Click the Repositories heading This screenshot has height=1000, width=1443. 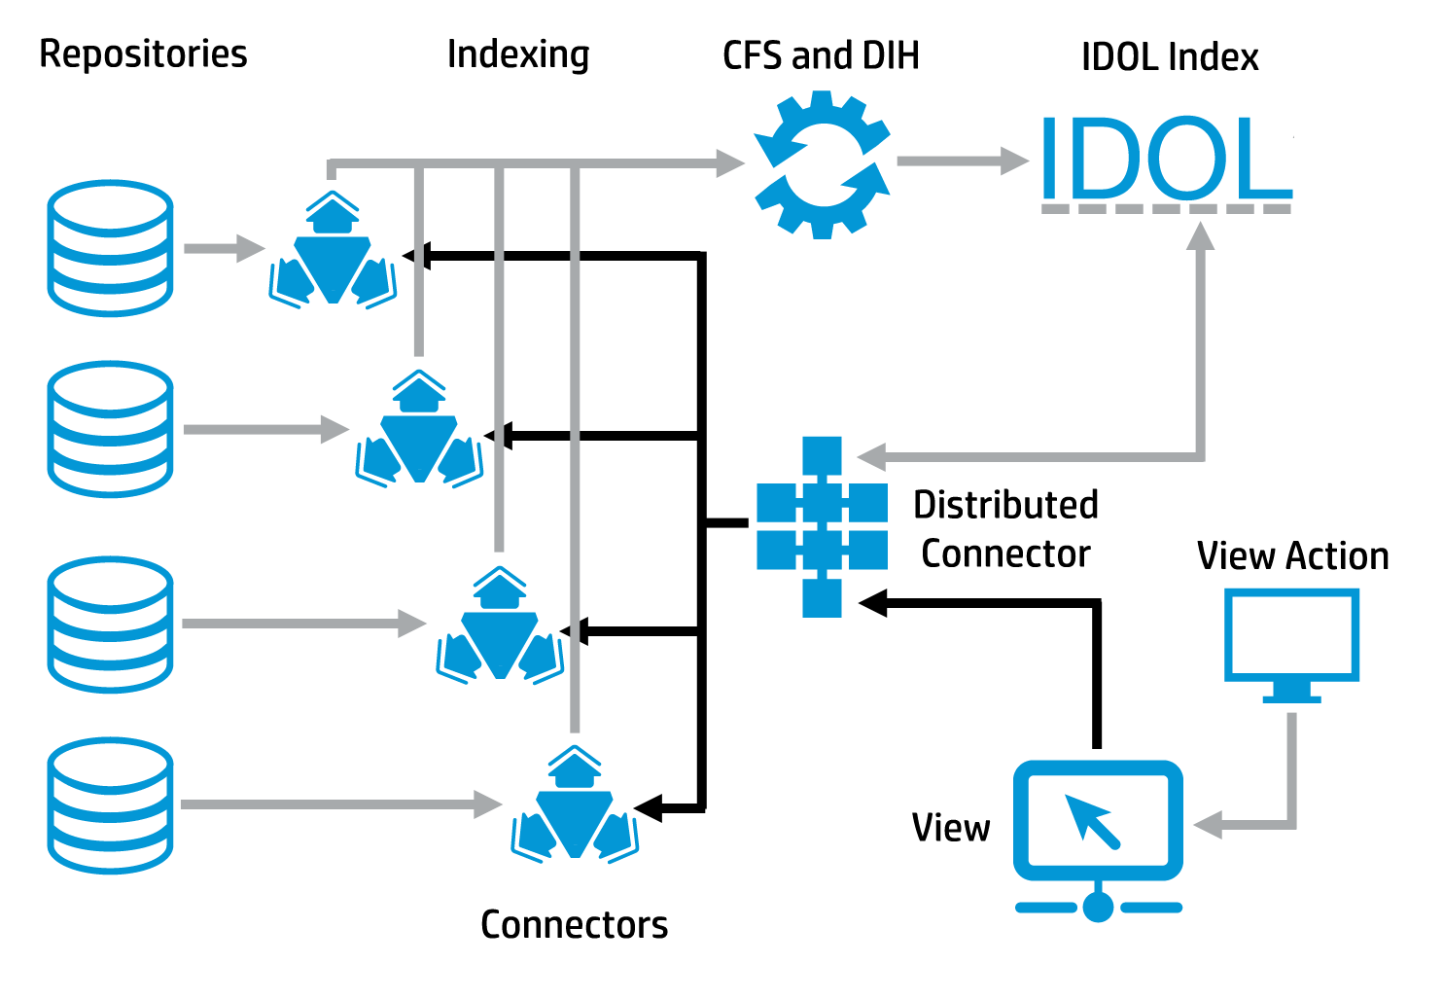click(143, 54)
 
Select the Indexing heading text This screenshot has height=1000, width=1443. click(518, 54)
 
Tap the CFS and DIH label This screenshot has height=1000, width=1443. click(821, 55)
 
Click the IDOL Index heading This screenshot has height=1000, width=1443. click(1170, 57)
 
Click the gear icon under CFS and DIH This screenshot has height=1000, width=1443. click(823, 164)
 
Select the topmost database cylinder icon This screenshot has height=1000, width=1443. click(111, 247)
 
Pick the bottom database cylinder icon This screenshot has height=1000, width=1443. click(111, 804)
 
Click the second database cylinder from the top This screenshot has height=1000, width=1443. click(111, 429)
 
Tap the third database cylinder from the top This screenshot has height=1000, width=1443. click(111, 624)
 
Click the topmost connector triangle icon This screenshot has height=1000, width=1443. click(334, 252)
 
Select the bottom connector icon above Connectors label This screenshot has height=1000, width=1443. click(575, 806)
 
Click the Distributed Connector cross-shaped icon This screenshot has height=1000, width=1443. click(822, 527)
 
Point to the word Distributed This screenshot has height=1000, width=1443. click(1005, 505)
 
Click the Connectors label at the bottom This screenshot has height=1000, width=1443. click(574, 924)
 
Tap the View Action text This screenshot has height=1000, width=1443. click(1292, 556)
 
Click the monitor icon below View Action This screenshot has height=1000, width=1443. click(1291, 642)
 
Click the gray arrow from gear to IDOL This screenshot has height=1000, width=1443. click(962, 161)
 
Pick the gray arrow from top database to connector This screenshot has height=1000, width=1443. click(224, 248)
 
